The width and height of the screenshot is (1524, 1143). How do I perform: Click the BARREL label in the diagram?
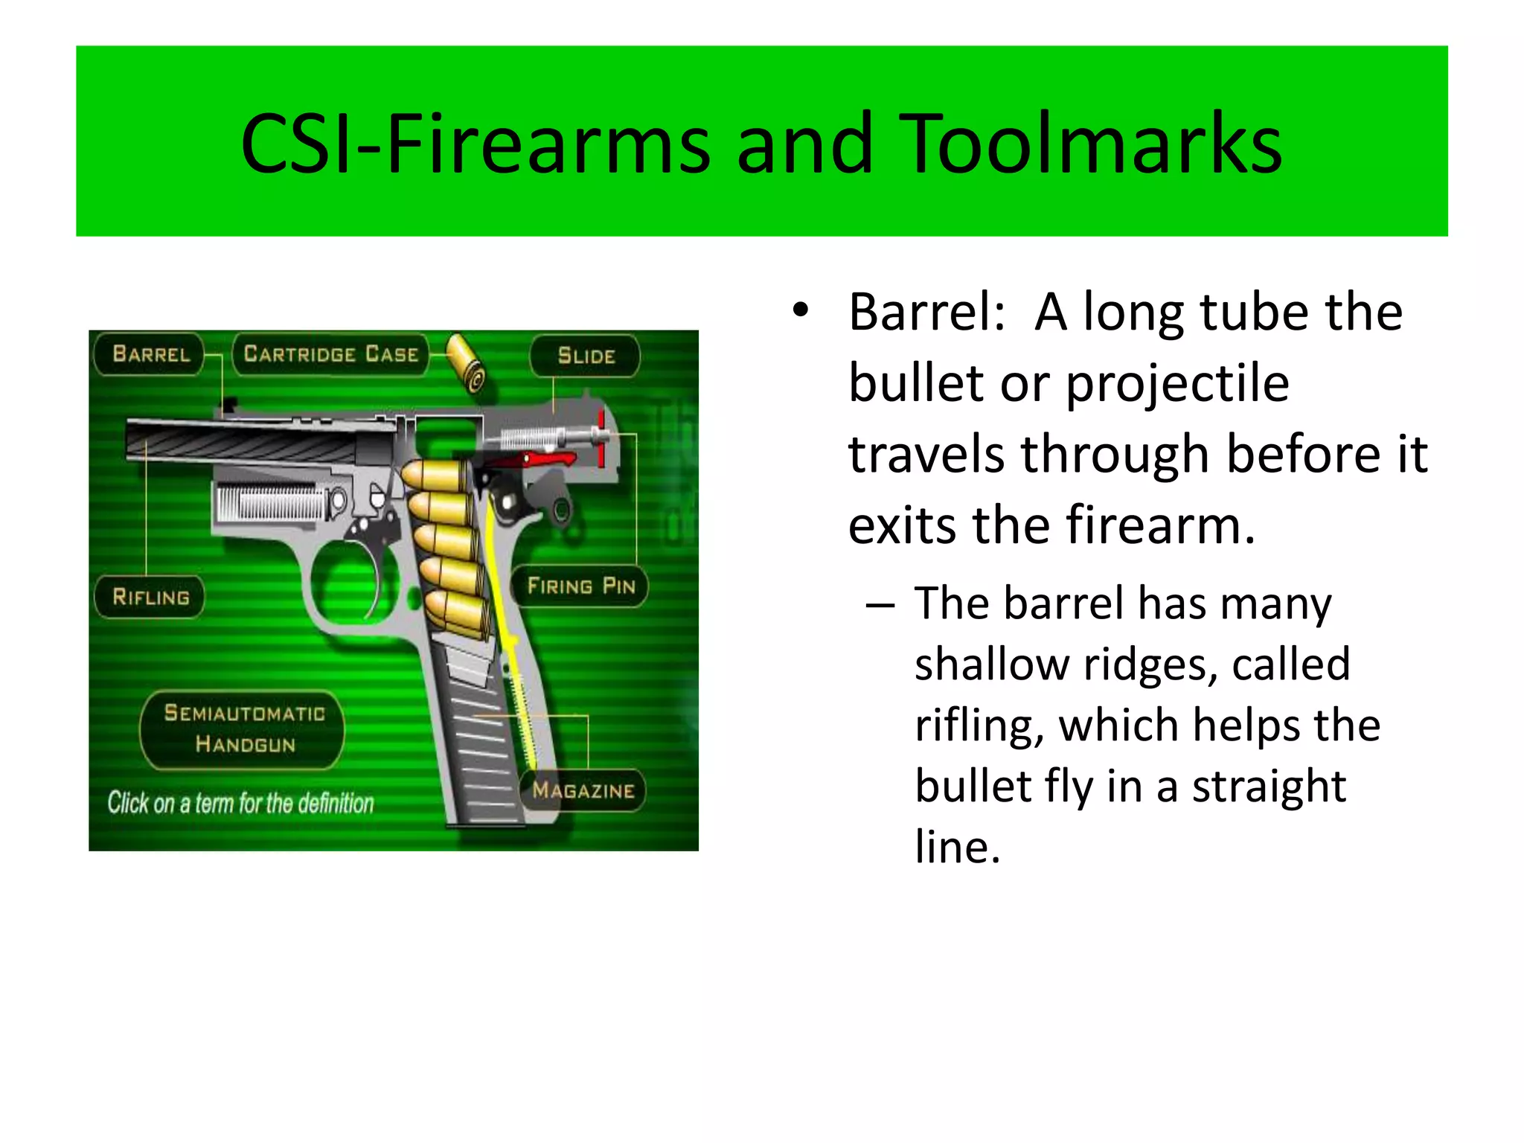151,354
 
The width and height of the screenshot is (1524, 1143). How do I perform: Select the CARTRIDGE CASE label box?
331,354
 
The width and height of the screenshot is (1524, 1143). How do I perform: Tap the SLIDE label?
586,356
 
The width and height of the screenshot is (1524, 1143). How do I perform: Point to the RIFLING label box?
150,597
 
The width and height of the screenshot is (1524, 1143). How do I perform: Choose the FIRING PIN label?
581,586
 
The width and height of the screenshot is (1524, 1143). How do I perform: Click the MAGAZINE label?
583,790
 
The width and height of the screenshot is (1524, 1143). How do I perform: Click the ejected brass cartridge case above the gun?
466,362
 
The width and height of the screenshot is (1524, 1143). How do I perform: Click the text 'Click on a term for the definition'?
240,804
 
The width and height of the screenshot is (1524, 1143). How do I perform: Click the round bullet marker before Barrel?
800,311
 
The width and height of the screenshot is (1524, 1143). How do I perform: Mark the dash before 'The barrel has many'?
880,605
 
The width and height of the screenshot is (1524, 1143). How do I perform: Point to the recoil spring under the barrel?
272,502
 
